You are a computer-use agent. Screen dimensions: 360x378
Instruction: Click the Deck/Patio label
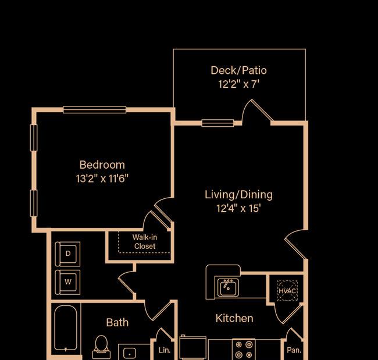(x=238, y=70)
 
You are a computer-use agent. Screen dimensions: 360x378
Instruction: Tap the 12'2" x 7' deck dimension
(x=238, y=84)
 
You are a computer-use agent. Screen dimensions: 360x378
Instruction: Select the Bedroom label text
(x=102, y=165)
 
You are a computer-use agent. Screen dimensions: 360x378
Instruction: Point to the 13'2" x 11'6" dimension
(x=102, y=179)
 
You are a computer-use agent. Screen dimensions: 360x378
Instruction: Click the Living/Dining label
(x=238, y=195)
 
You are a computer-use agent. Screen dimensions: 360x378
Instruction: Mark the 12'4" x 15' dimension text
(x=238, y=208)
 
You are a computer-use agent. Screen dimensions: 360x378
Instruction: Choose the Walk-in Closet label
(x=144, y=241)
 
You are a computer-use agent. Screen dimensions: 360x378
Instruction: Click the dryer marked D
(x=67, y=254)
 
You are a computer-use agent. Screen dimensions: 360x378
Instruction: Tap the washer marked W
(x=67, y=281)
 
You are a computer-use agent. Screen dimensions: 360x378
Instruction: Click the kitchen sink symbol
(x=229, y=287)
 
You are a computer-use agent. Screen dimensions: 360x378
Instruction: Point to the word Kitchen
(x=234, y=318)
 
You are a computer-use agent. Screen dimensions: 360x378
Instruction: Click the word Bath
(x=117, y=322)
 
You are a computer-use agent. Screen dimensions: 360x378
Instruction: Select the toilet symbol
(x=101, y=345)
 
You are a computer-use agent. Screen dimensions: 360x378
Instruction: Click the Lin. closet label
(x=164, y=350)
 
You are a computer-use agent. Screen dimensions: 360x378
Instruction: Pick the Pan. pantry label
(x=294, y=350)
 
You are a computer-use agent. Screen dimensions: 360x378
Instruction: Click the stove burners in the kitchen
(x=244, y=349)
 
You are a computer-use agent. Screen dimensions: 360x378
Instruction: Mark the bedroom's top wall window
(x=94, y=109)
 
